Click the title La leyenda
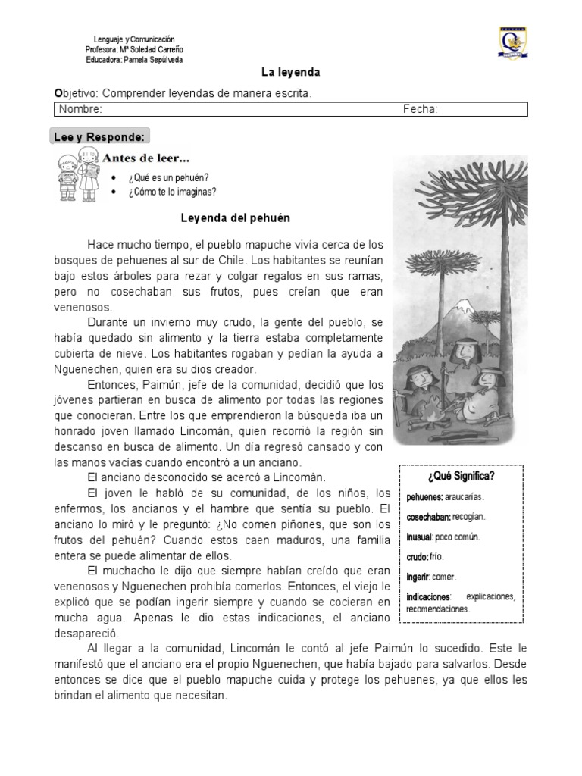tap(291, 73)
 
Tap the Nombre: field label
tap(80, 110)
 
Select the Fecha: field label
tap(420, 110)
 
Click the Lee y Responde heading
tap(99, 137)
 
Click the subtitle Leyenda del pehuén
tap(234, 217)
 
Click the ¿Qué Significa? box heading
tap(461, 476)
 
